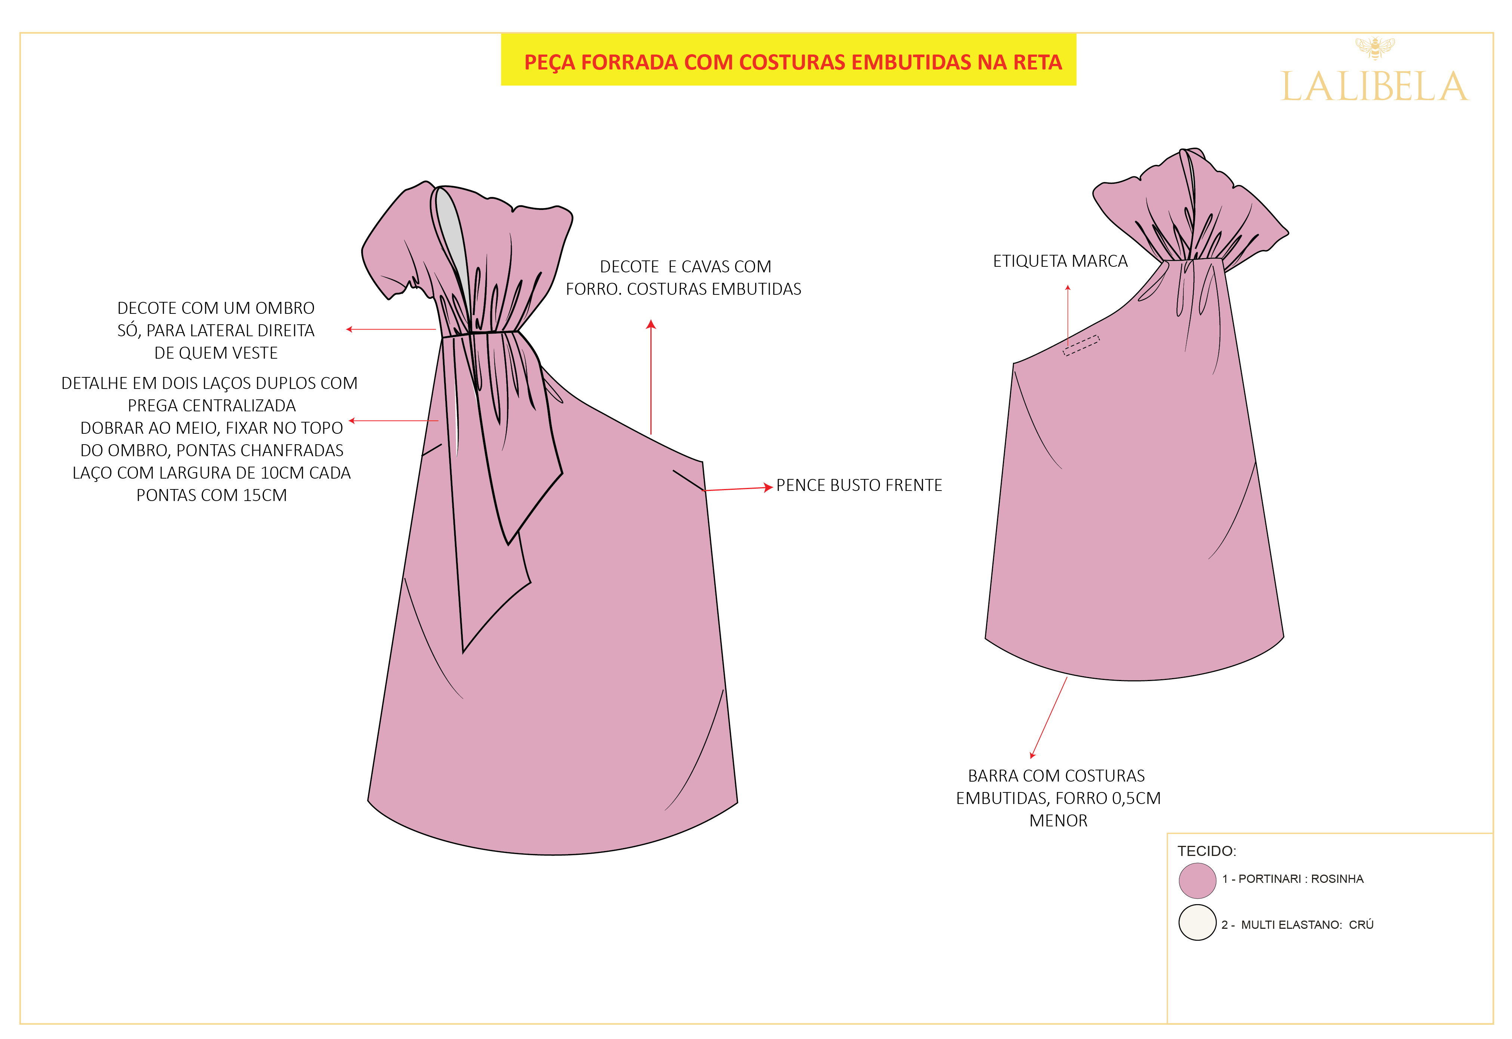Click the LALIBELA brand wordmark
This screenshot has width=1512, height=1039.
coord(1374,87)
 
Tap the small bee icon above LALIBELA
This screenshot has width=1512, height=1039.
coord(1374,47)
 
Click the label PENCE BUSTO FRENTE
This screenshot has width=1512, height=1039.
coord(859,485)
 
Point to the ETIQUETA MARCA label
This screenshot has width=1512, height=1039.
coord(1060,261)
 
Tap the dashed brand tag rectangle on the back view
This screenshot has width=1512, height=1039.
coord(1081,345)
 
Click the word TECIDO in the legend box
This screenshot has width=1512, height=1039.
coord(1205,851)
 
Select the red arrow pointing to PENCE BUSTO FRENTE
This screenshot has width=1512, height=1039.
coord(738,488)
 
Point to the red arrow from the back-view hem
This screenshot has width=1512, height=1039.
coord(1049,717)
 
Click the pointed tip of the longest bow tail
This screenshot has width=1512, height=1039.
coord(463,652)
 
